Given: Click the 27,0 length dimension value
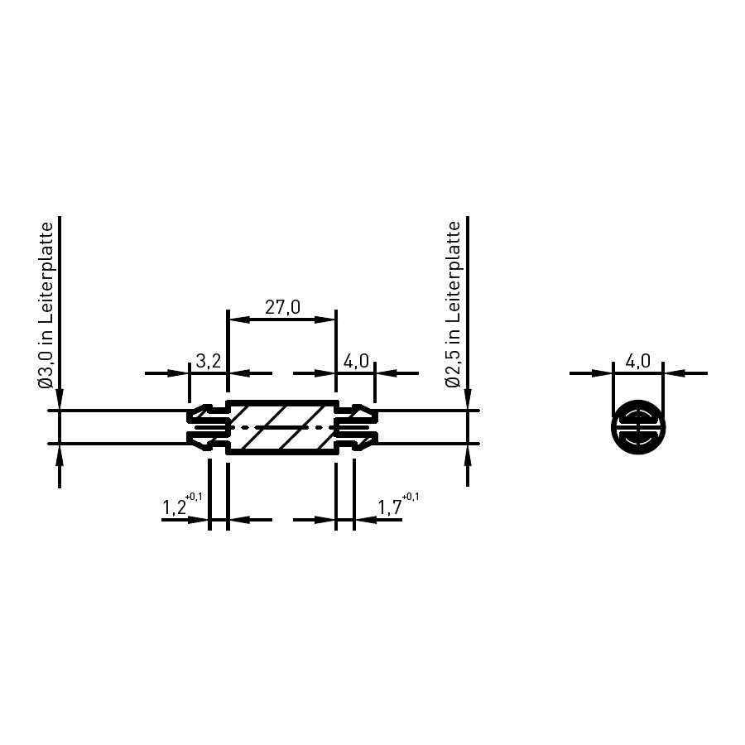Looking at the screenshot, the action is pos(283,307).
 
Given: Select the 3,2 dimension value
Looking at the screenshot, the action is pos(208,361).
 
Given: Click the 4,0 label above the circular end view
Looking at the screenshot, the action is pos(637,361).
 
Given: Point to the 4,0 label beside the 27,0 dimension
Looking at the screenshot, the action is pos(356,361).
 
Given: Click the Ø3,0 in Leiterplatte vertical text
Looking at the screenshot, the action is pos(46,305).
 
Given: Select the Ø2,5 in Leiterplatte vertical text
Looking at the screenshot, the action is pos(454,305).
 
